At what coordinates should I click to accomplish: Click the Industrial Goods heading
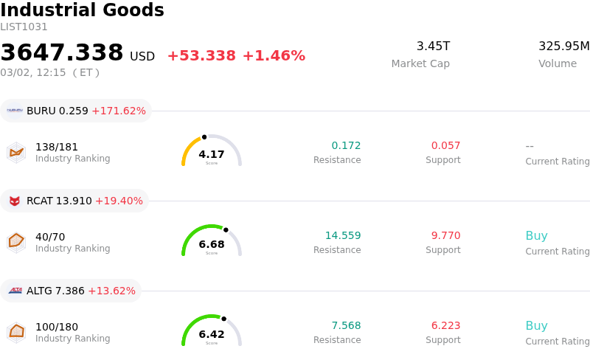coord(82,10)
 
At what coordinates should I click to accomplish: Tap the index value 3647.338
coord(62,53)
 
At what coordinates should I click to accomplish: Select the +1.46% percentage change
coord(274,56)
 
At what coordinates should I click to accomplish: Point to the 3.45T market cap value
coord(433,46)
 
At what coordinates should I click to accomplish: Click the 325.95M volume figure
coord(563,46)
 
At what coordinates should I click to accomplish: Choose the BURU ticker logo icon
coord(15,111)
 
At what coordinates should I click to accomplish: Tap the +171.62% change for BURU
coord(119,111)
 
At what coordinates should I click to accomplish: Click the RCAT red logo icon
coord(15,201)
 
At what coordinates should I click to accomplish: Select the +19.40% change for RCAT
coord(119,201)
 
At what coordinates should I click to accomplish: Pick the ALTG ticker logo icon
coord(15,291)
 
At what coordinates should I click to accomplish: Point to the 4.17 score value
coord(212,154)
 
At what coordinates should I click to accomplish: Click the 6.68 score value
coord(212,244)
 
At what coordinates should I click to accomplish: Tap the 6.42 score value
coord(212,334)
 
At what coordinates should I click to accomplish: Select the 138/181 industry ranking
coord(57,147)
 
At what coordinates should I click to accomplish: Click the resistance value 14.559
coord(343,236)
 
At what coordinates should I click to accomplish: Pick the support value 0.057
coord(445,146)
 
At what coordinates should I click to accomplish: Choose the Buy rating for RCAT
coord(536,236)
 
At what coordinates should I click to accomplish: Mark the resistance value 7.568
coord(346,326)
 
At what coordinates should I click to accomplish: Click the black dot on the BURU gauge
coord(204,136)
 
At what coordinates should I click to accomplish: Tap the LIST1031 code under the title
coord(24,27)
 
